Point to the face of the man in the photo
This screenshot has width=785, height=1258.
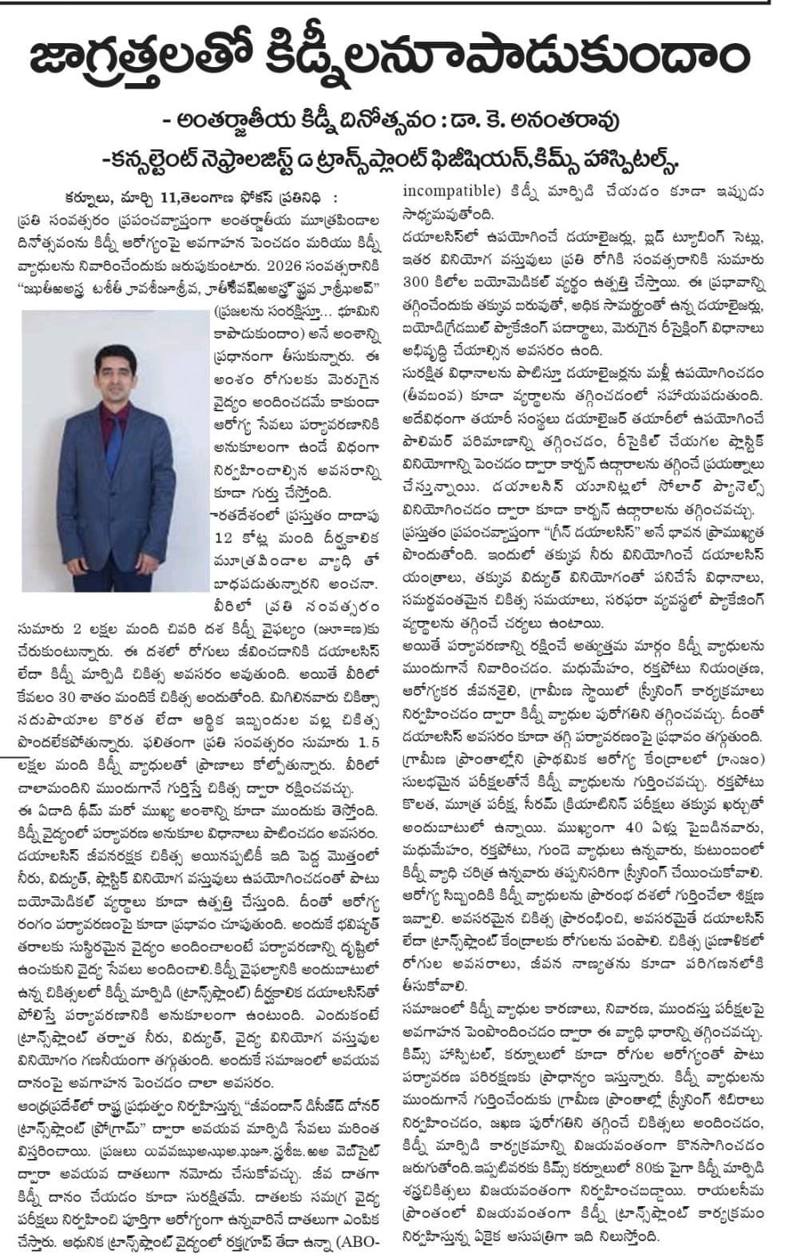[x=111, y=367]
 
